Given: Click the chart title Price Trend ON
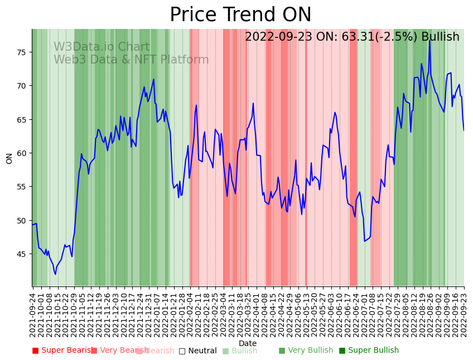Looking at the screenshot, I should (x=240, y=15).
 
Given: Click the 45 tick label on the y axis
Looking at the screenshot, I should (x=22, y=254).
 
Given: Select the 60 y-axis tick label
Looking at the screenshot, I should (x=22, y=153).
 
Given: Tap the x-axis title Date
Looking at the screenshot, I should (x=248, y=344).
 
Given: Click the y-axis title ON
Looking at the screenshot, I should (x=9, y=158).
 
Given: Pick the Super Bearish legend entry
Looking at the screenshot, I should (x=63, y=351).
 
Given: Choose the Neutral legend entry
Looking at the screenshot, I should (x=197, y=351).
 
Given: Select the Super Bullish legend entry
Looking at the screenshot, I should (x=369, y=351).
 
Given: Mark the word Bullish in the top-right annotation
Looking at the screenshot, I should (x=440, y=37).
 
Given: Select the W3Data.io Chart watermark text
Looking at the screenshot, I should (x=102, y=47).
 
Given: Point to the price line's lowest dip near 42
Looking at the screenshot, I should (x=55, y=274).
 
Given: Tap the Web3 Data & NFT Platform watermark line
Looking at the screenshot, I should (x=131, y=60).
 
